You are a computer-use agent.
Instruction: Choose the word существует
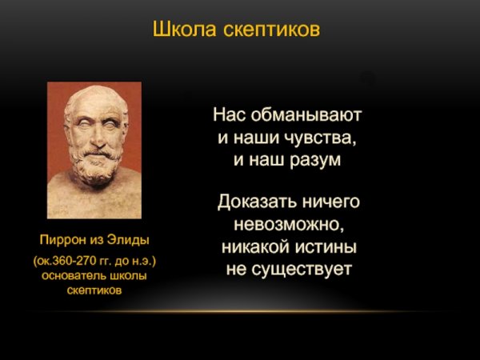[302, 270]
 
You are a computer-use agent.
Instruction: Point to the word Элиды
[129, 239]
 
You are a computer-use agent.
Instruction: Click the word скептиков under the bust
[94, 290]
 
